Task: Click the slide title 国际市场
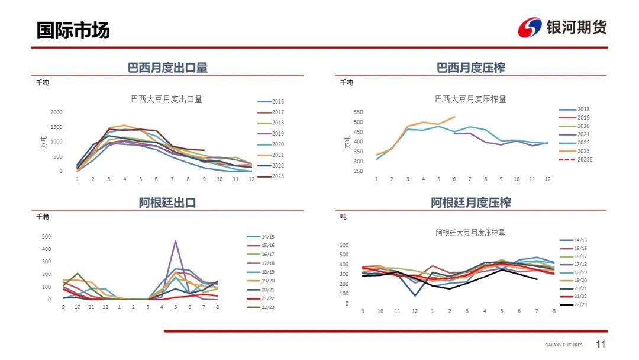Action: click(73, 30)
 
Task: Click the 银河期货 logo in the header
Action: click(562, 27)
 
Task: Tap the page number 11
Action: click(601, 345)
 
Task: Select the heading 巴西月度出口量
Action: click(167, 67)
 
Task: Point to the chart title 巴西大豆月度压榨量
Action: click(470, 99)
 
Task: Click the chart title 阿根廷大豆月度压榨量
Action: click(470, 233)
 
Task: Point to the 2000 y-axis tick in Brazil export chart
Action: click(56, 112)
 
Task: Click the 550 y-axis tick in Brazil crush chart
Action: click(358, 112)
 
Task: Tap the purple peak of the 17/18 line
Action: click(175, 240)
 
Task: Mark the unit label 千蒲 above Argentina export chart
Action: click(42, 217)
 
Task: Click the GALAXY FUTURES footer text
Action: click(563, 345)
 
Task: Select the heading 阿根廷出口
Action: click(167, 202)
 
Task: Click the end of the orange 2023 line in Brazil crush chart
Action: click(454, 117)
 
